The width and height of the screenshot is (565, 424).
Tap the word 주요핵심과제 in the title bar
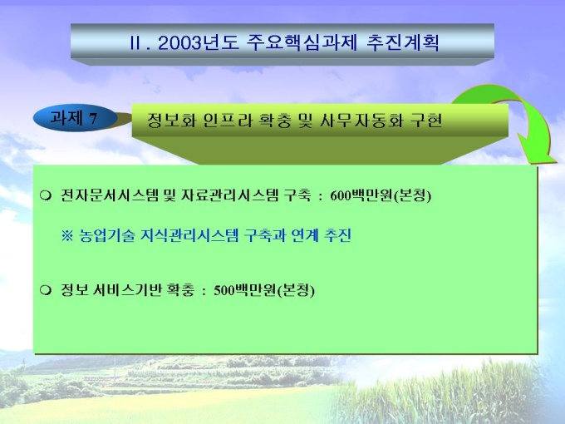[302, 43]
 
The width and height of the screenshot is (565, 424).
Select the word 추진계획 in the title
[403, 43]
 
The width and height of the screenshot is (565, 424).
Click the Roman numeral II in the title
[135, 43]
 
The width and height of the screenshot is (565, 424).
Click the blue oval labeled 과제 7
[76, 117]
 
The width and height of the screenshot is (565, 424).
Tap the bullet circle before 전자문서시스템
[46, 195]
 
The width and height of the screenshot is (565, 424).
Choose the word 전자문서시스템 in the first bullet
[110, 195]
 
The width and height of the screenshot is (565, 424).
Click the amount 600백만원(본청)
[381, 195]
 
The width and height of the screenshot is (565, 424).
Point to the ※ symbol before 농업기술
[67, 236]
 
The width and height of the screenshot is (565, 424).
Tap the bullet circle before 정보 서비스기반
[46, 290]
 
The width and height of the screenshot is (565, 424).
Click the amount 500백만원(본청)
[264, 290]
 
